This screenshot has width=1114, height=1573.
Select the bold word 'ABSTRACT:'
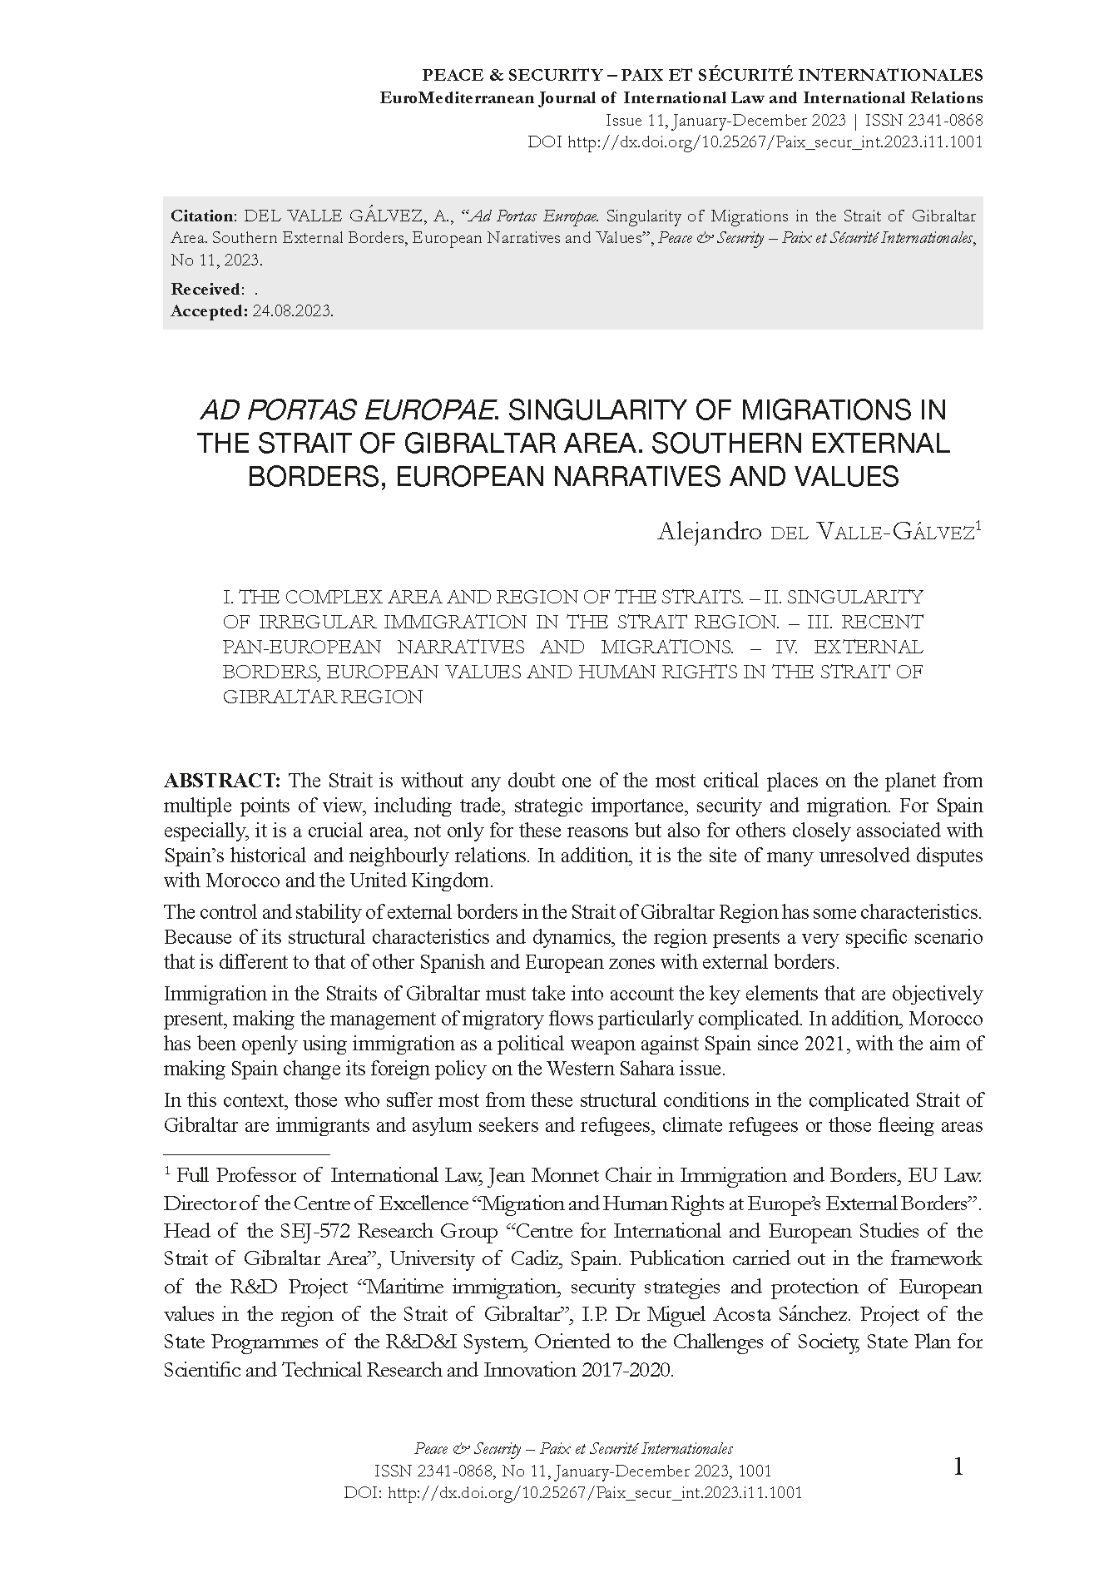pyautogui.click(x=222, y=781)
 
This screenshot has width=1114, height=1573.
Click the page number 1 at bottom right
pyautogui.click(x=958, y=1468)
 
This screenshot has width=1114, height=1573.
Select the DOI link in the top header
pyautogui.click(x=774, y=141)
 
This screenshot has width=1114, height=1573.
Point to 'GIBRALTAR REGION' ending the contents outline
pyautogui.click(x=323, y=697)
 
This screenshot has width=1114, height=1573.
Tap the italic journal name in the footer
pyautogui.click(x=573, y=1449)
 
